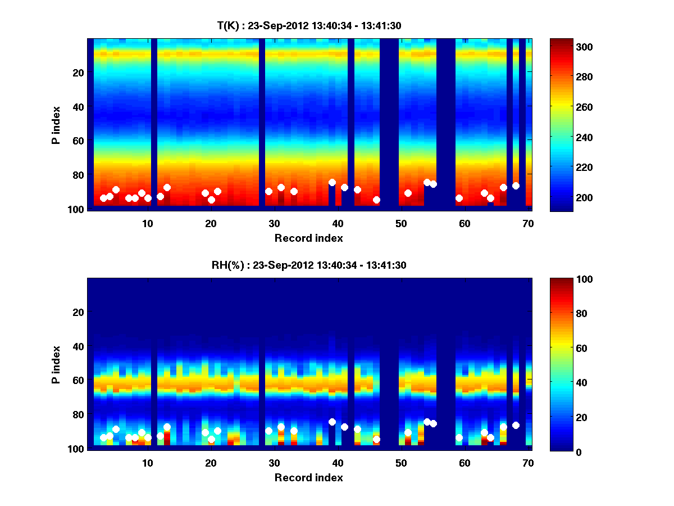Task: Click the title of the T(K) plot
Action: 309,25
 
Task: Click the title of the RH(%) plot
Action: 309,265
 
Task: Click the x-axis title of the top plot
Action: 309,238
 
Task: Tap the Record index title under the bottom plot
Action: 309,477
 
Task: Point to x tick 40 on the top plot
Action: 338,223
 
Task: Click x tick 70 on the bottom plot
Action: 528,463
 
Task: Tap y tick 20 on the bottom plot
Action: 78,312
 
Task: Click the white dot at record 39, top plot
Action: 332,183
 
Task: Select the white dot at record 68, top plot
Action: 516,186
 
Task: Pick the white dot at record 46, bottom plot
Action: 376,439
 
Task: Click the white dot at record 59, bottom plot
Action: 459,437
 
